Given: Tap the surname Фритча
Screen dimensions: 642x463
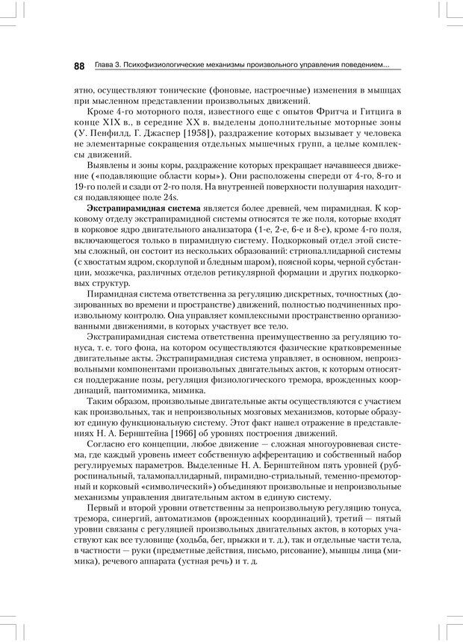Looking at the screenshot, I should click(x=319, y=111).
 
